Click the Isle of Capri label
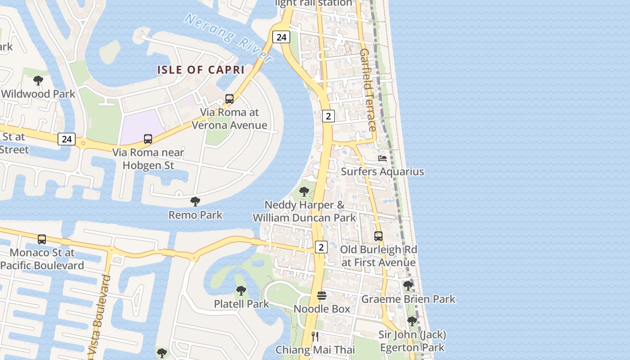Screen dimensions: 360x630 pos(201,70)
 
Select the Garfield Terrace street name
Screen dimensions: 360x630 pos(368,90)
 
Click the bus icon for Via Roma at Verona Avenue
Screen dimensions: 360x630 pos(229,99)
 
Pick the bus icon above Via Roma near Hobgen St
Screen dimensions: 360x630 pos(148,139)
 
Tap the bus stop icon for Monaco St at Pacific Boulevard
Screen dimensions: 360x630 pos(42,239)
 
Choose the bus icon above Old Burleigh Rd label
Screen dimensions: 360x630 pos(378,236)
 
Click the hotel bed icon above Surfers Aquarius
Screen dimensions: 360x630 pos(382,158)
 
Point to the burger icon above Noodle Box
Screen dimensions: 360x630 pos(322,296)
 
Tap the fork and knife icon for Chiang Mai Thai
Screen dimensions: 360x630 pos(315,336)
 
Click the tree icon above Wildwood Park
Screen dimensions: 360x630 pos(38,81)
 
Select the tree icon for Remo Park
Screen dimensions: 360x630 pos(195,201)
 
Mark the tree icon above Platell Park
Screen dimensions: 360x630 pos(241,291)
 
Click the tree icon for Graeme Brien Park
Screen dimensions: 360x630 pos(408,285)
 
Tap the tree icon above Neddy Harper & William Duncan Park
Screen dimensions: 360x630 pos(304,192)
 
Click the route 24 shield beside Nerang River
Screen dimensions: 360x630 pos(282,37)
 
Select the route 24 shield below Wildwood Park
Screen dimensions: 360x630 pos(67,139)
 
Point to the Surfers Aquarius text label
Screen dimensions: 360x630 pos(382,171)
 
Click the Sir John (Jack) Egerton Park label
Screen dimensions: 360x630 pos(412,341)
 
